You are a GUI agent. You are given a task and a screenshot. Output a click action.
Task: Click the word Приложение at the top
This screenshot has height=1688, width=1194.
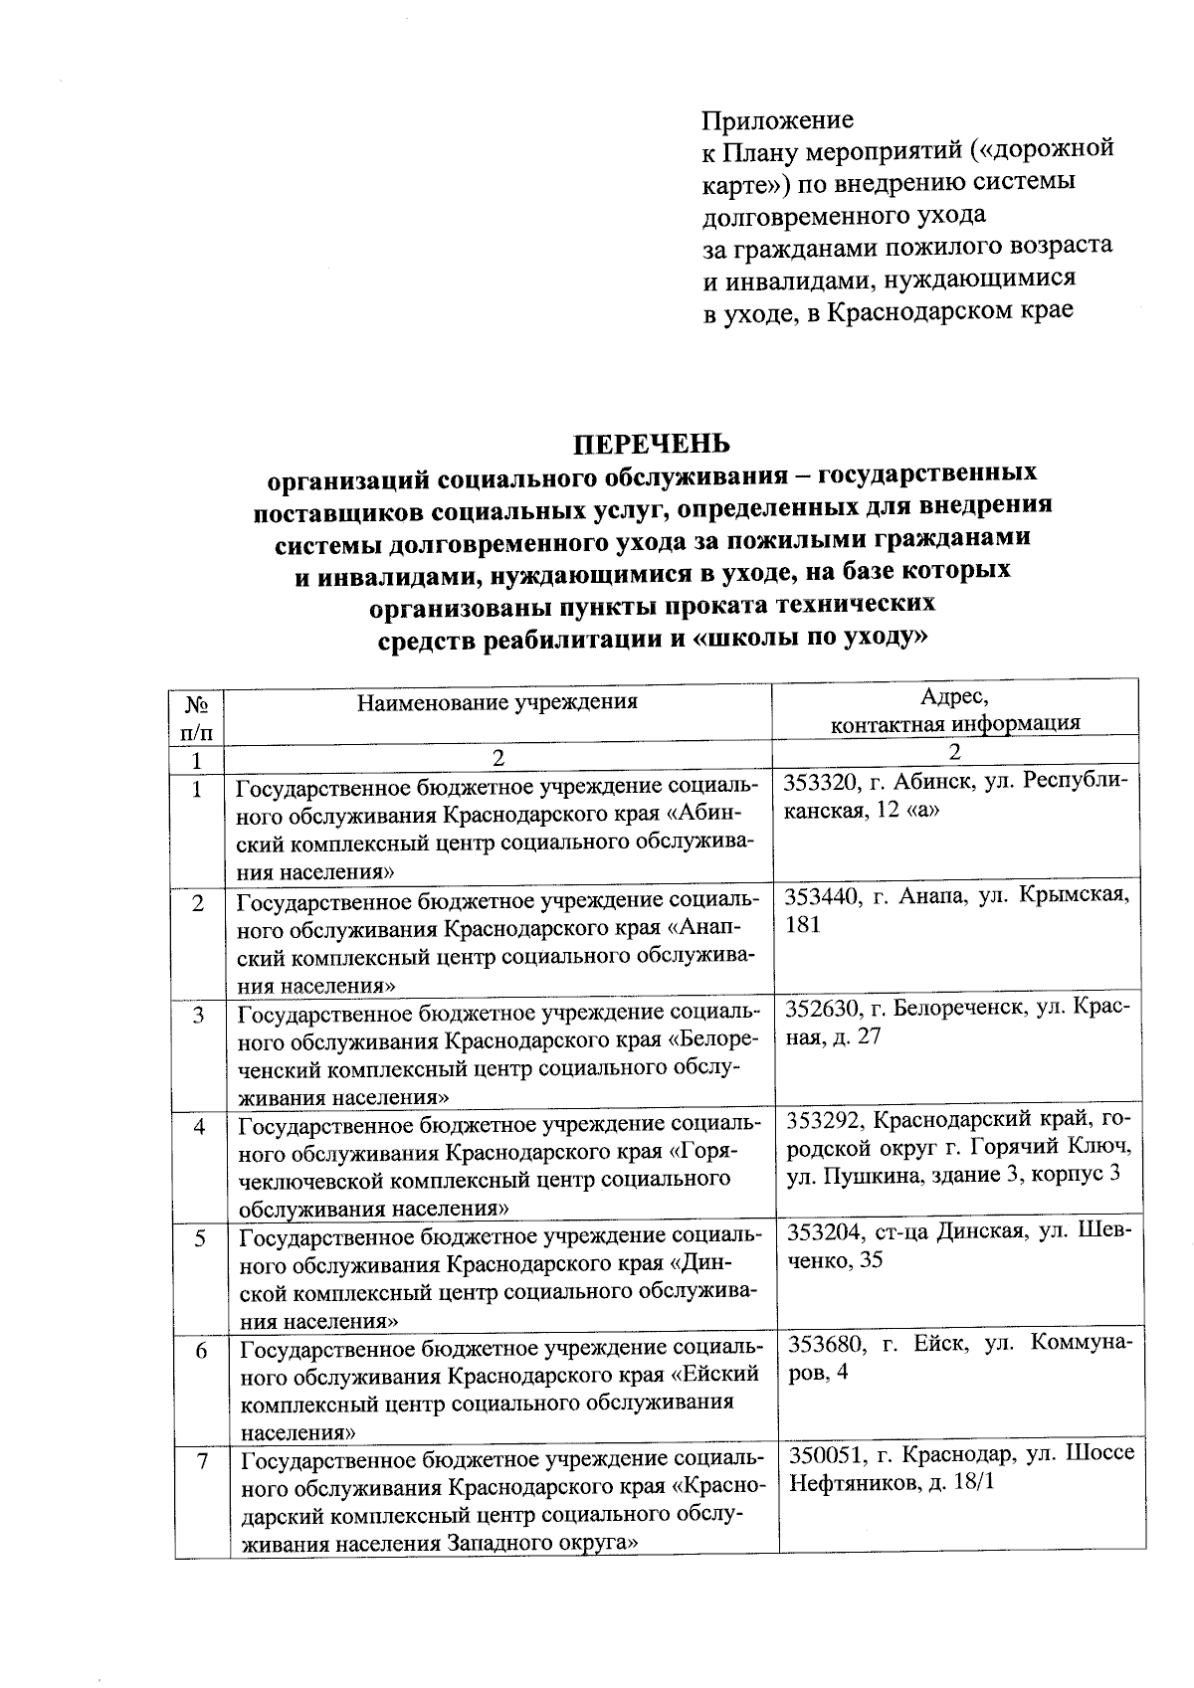point(778,120)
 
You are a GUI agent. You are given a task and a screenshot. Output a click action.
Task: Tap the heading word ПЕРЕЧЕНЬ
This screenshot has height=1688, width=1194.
point(652,443)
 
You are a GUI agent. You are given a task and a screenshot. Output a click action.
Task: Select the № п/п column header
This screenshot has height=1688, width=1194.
point(197,718)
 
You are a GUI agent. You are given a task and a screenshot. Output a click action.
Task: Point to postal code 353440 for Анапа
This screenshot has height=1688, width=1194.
point(823,895)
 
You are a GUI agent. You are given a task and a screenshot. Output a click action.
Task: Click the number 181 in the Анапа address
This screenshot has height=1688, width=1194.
point(804,925)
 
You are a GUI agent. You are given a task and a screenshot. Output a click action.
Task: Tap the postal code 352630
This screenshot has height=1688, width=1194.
point(823,1009)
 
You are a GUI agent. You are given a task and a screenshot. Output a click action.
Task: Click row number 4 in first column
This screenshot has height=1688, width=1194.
point(201,1127)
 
